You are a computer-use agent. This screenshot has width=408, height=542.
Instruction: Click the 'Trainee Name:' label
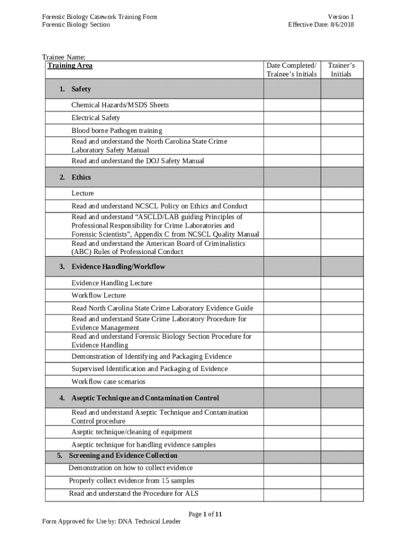point(64,57)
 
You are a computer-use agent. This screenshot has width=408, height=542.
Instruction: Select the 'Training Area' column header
point(70,66)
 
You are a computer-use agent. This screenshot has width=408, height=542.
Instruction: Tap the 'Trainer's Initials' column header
point(341,70)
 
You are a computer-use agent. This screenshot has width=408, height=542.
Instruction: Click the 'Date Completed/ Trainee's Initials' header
point(291,70)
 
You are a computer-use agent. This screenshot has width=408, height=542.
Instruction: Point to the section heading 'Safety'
point(81,89)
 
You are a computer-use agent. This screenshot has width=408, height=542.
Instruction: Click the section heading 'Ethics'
point(81,177)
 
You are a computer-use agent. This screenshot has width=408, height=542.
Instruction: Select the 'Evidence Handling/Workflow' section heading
point(118,266)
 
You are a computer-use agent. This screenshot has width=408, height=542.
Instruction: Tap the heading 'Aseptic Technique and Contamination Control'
point(145,398)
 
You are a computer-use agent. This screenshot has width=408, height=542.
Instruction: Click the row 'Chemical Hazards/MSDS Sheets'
point(120,105)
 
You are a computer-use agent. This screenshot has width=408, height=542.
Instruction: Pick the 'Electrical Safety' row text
point(95,118)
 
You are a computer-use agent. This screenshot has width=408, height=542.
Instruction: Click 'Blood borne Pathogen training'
point(117,130)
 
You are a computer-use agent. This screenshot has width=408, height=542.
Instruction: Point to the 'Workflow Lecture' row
point(99,295)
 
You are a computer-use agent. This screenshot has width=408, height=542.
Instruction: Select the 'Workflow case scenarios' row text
point(108,382)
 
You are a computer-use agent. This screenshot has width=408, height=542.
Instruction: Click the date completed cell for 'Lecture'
point(291,193)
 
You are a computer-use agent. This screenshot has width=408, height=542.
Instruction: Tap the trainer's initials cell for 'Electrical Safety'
point(342,118)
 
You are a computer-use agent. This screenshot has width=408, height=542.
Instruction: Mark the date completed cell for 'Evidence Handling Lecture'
point(291,283)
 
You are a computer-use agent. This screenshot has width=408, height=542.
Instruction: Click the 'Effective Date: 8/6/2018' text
point(321,24)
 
